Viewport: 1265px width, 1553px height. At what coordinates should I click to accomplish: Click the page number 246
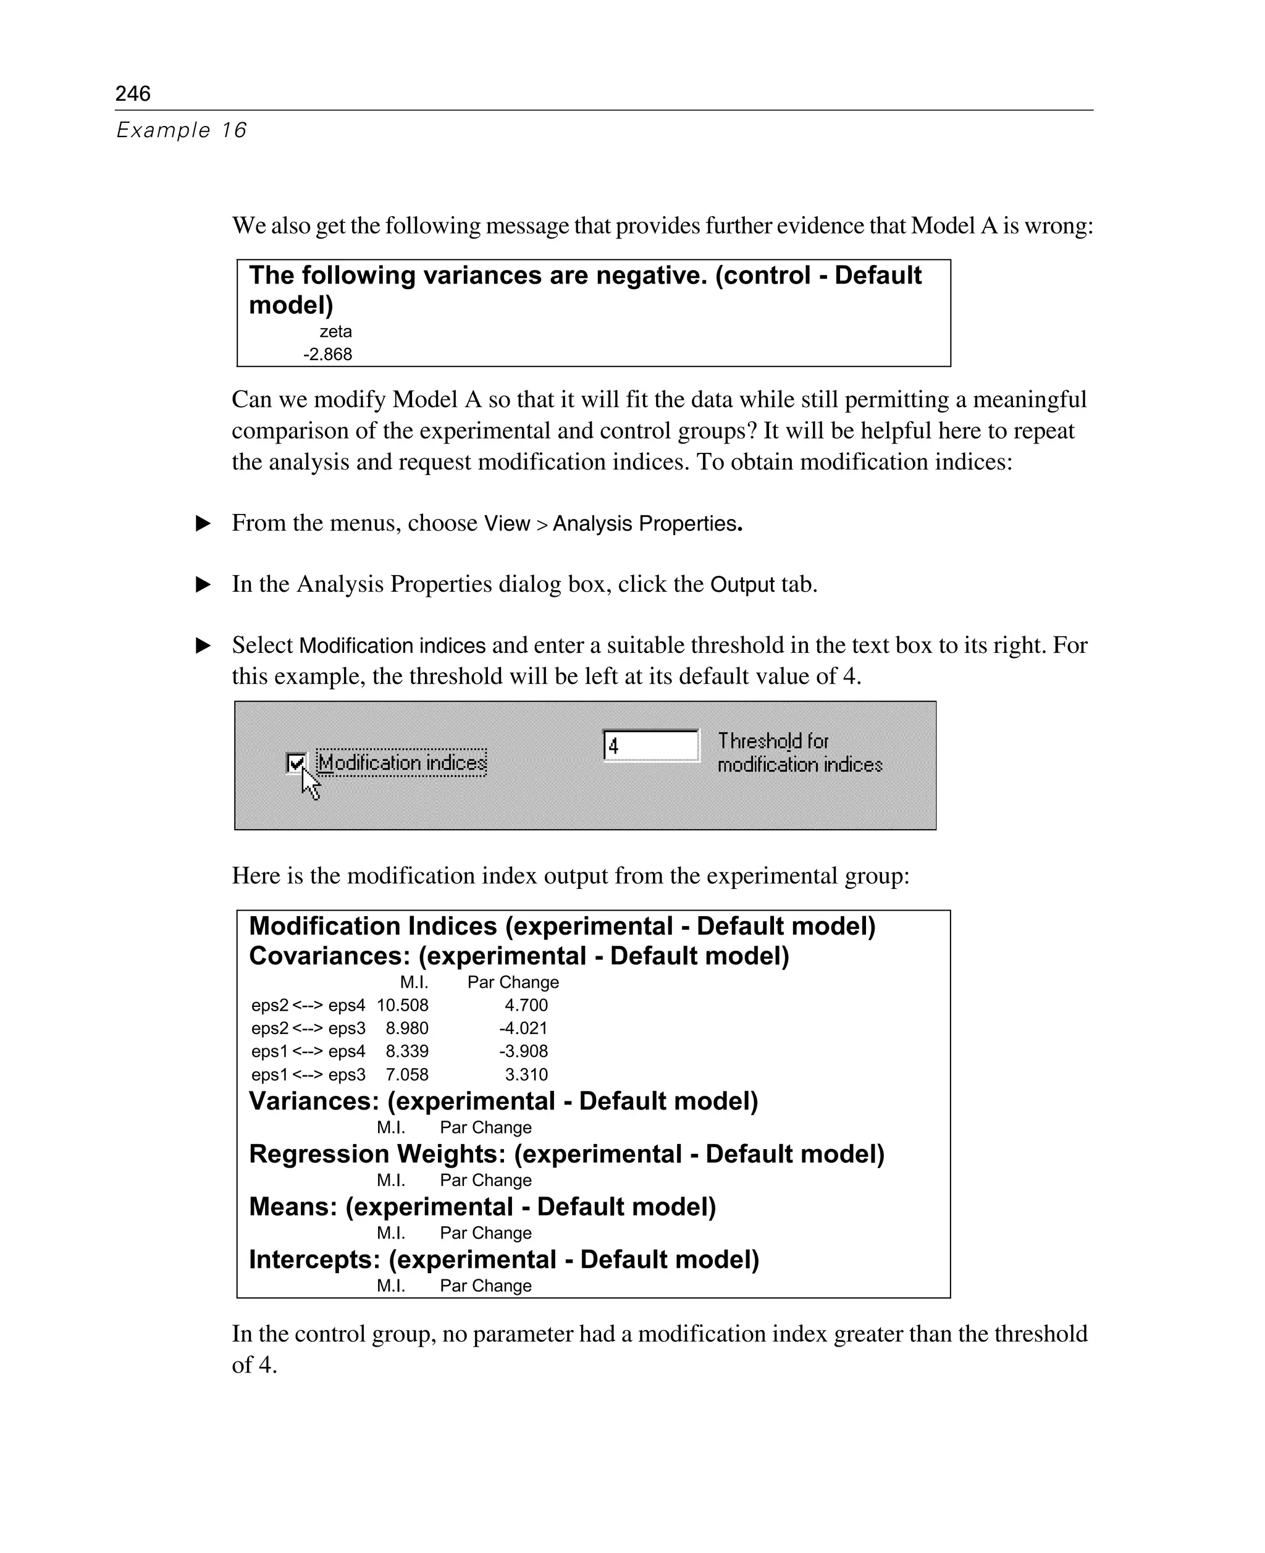(x=133, y=93)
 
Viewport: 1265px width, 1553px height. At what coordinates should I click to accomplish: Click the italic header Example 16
(x=182, y=130)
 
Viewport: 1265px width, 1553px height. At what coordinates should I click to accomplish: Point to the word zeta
(x=335, y=332)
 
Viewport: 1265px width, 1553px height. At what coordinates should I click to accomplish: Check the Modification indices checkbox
(x=296, y=763)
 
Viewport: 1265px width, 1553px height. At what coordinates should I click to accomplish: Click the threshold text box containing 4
(x=650, y=746)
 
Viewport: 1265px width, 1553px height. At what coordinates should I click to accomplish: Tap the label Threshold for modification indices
(x=799, y=753)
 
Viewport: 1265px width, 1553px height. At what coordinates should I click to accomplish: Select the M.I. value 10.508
(x=402, y=1006)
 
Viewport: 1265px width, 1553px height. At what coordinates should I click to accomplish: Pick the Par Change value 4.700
(x=526, y=1006)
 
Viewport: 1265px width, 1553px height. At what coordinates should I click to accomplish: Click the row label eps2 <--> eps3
(x=308, y=1029)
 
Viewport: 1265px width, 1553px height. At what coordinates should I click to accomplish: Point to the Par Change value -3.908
(x=523, y=1051)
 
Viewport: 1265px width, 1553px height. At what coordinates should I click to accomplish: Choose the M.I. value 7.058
(x=406, y=1075)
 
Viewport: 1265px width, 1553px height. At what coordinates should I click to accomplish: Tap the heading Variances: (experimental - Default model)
(x=503, y=1101)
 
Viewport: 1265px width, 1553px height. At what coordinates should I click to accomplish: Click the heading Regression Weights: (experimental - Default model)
(x=566, y=1155)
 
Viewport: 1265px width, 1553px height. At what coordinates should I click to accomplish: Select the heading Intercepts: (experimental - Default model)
(x=503, y=1260)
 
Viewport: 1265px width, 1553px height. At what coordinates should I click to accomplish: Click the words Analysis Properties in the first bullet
(x=645, y=524)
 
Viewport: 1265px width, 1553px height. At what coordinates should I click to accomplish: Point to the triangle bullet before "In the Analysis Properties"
(x=204, y=584)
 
